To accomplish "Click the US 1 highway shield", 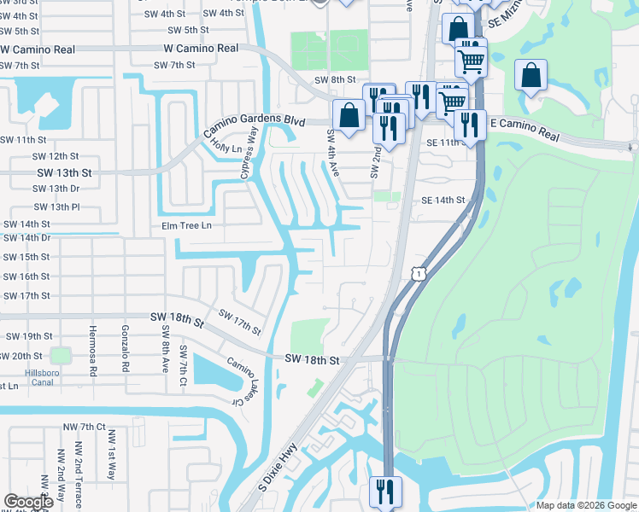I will (x=418, y=273).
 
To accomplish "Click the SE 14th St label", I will (x=443, y=201).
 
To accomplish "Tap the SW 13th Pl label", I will (x=56, y=207).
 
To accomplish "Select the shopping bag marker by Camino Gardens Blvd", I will (x=349, y=115).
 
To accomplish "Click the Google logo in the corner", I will (x=28, y=503).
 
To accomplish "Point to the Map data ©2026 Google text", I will (x=585, y=505).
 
